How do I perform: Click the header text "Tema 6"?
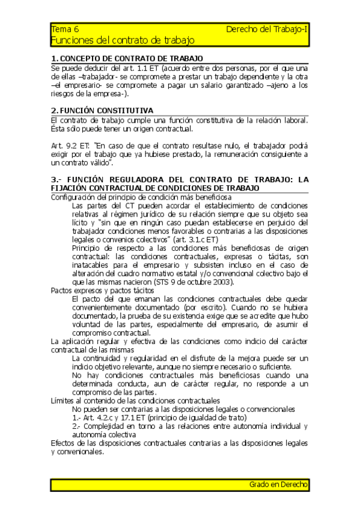65,29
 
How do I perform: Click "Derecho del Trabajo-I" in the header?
267,29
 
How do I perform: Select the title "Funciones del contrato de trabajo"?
123,40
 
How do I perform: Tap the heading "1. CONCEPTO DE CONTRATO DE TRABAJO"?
127,59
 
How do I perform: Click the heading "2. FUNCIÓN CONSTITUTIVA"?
102,111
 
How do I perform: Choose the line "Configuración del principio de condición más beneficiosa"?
141,197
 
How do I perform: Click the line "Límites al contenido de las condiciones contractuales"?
135,401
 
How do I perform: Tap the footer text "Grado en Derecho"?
278,484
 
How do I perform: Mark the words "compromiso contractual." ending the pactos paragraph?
111,333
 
